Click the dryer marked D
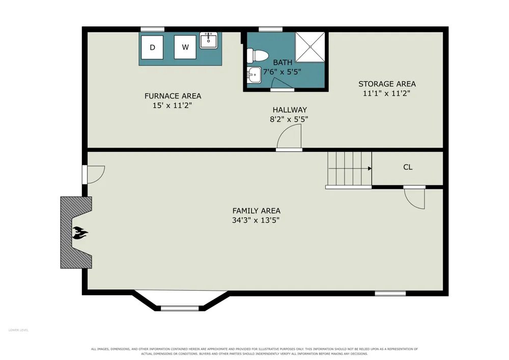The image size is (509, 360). (x=152, y=47)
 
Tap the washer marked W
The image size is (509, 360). (x=185, y=47)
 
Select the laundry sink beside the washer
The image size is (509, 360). (x=208, y=41)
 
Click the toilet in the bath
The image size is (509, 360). (x=257, y=56)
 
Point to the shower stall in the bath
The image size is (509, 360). (x=310, y=47)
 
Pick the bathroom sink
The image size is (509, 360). (x=254, y=75)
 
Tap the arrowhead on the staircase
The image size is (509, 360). (x=370, y=169)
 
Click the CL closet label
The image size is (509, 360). (x=408, y=167)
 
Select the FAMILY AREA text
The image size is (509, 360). (x=257, y=211)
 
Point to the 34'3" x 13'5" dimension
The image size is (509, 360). (x=256, y=220)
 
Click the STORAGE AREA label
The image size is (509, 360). (x=387, y=84)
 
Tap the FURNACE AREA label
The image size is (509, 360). (x=173, y=96)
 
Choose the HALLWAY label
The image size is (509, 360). (x=290, y=109)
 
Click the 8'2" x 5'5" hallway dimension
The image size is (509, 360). (x=289, y=119)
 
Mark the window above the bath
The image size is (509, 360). (x=270, y=29)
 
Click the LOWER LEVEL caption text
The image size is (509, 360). (x=18, y=330)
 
